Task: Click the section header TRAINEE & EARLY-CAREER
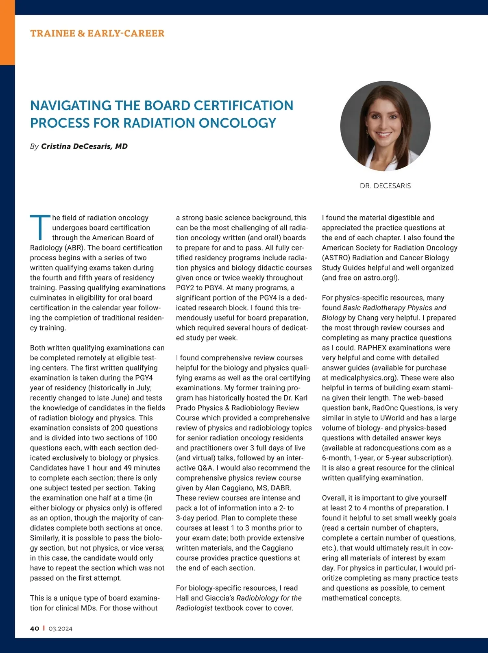pos(97,33)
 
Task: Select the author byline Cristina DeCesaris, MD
pos(84,146)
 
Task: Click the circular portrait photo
pos(385,126)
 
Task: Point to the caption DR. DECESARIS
pos(385,186)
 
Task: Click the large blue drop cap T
pos(39,227)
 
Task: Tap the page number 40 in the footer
pos(35,629)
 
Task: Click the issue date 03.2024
pos(60,629)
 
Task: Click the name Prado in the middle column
pos(186,408)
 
